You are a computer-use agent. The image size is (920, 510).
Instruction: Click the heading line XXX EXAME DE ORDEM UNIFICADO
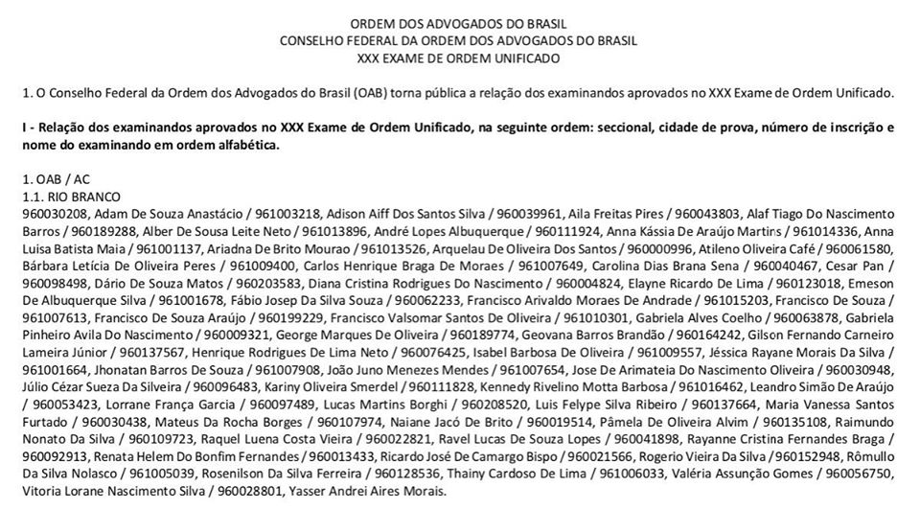pos(458,58)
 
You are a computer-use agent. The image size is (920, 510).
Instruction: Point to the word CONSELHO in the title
pos(310,40)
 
